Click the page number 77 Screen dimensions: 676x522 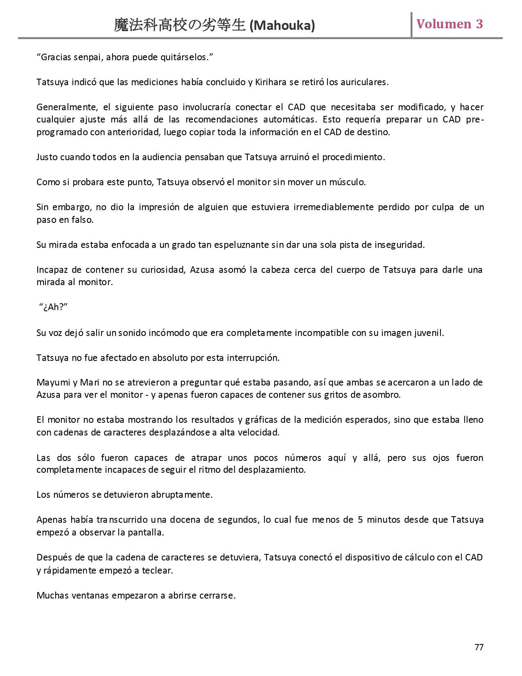[479, 647]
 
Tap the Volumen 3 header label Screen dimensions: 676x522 [450, 24]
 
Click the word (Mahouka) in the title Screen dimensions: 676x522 [282, 26]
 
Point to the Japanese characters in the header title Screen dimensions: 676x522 [180, 25]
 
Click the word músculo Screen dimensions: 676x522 [347, 182]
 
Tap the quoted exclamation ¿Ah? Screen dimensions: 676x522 [54, 308]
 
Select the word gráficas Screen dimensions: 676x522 [265, 420]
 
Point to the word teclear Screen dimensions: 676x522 [157, 570]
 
